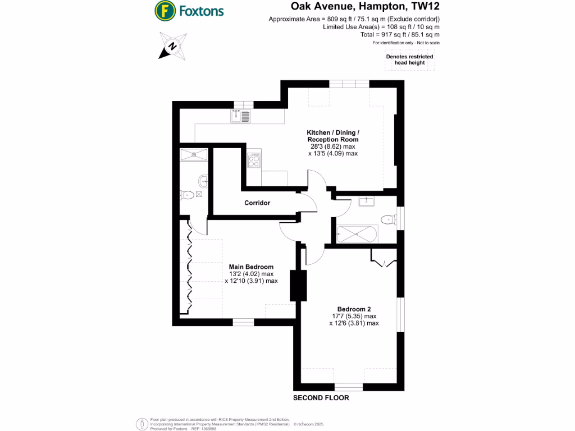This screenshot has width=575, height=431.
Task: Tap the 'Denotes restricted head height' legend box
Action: [409, 60]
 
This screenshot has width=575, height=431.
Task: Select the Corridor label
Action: [257, 203]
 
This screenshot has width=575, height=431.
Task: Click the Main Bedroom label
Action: [251, 267]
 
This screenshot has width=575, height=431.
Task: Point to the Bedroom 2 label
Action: [354, 309]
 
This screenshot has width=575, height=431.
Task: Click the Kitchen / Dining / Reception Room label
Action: [332, 135]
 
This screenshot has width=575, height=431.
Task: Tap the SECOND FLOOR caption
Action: [321, 398]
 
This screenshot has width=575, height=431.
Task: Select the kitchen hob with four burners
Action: [254, 161]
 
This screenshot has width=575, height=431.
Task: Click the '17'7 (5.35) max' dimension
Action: [354, 316]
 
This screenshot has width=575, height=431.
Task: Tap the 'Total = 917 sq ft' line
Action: [400, 35]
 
